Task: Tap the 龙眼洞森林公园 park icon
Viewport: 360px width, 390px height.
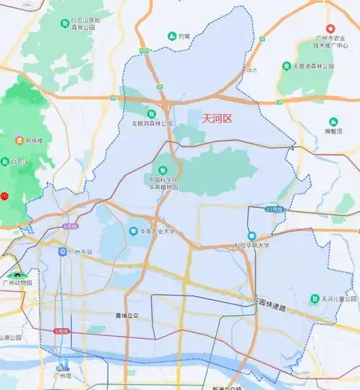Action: pyautogui.click(x=152, y=114)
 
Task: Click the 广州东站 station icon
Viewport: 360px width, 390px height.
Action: pyautogui.click(x=63, y=252)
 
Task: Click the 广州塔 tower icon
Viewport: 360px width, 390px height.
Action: pyautogui.click(x=63, y=364)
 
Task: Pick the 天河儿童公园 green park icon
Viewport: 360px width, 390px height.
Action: pyautogui.click(x=315, y=298)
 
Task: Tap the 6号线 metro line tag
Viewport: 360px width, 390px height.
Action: pyautogui.click(x=69, y=226)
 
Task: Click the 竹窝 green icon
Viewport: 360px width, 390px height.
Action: pyautogui.click(x=171, y=36)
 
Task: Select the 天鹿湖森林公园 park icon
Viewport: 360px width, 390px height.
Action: pyautogui.click(x=287, y=66)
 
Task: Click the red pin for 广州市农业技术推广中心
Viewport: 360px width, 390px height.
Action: pyautogui.click(x=331, y=28)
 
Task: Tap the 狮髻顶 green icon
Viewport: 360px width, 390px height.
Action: pyautogui.click(x=333, y=122)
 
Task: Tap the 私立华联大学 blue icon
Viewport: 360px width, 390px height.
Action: pyautogui.click(x=253, y=236)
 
